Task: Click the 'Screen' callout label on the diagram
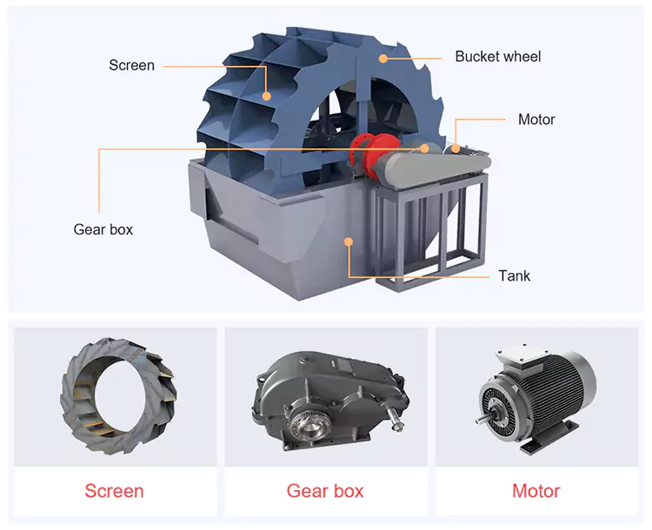131,65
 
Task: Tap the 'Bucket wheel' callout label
498,56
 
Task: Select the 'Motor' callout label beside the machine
536,120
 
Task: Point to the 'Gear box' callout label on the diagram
103,229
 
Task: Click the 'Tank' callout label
515,275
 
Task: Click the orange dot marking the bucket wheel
383,58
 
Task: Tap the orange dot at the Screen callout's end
267,96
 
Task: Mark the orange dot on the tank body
349,242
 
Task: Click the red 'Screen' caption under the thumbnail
115,491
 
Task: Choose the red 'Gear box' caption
325,491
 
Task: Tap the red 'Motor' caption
536,491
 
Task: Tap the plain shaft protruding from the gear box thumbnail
396,418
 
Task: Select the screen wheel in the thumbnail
119,395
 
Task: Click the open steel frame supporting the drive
432,231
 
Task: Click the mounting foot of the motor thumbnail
549,437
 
